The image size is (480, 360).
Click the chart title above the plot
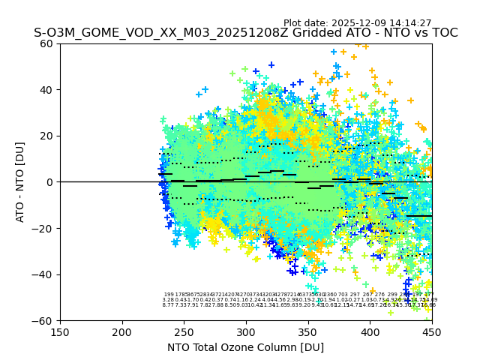[245, 33]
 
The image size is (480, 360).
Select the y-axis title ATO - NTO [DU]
[20, 181]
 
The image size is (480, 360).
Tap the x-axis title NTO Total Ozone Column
[245, 347]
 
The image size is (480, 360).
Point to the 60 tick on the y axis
[46, 43]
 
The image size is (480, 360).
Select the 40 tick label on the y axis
[46, 90]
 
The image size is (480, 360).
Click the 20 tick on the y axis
[46, 136]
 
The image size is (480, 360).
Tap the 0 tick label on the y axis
[49, 182]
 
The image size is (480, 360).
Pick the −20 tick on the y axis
[43, 228]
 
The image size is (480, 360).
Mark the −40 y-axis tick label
[43, 274]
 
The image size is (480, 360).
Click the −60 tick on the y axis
[43, 320]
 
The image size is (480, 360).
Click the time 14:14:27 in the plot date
[409, 23]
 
